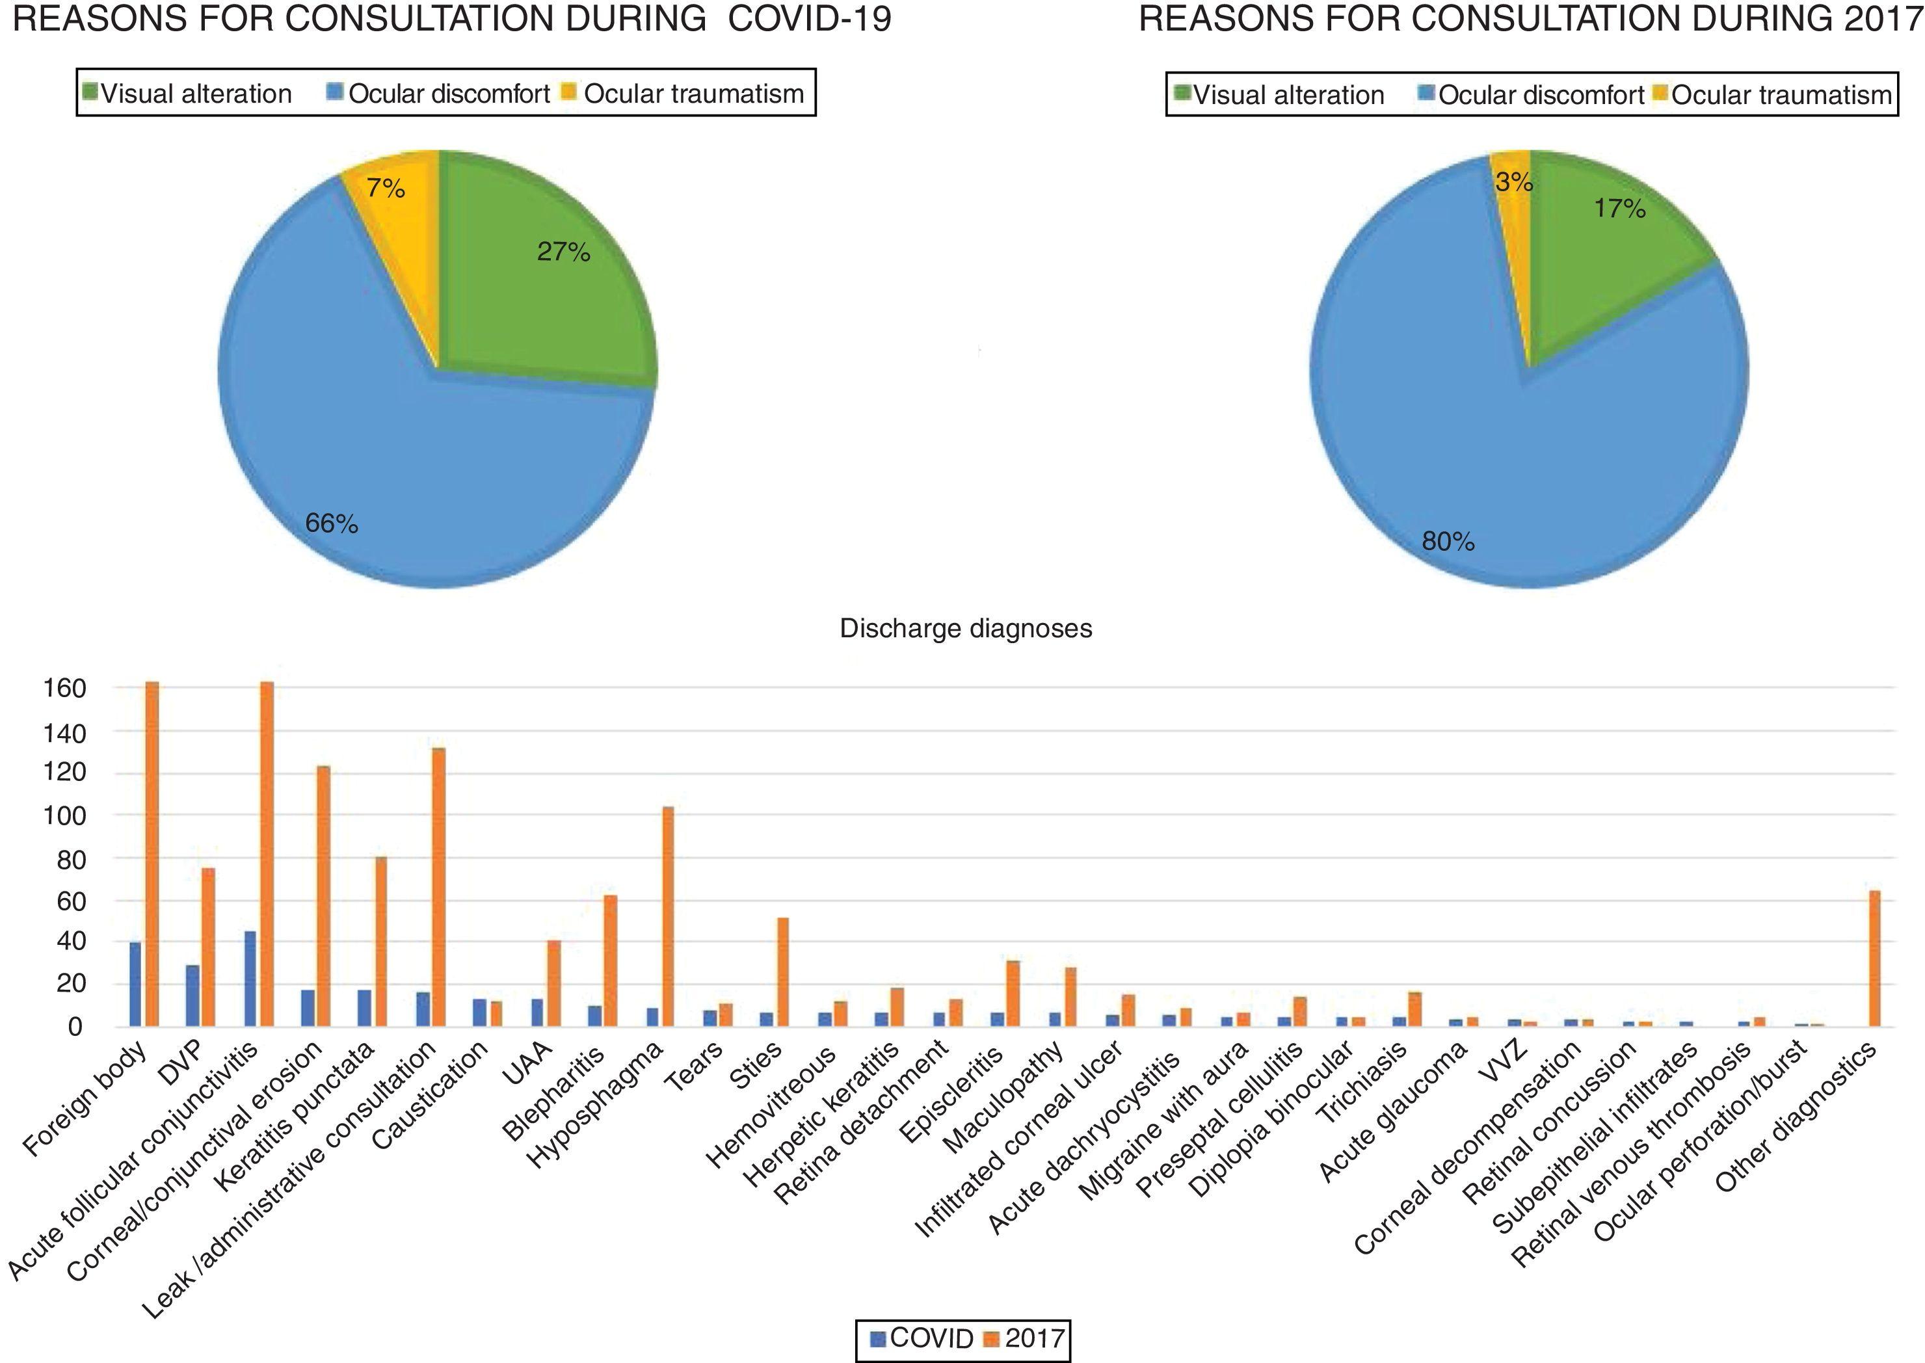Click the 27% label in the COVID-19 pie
(x=564, y=251)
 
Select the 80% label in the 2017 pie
(x=1448, y=541)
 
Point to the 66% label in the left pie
(x=332, y=523)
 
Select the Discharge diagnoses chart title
(x=966, y=629)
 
